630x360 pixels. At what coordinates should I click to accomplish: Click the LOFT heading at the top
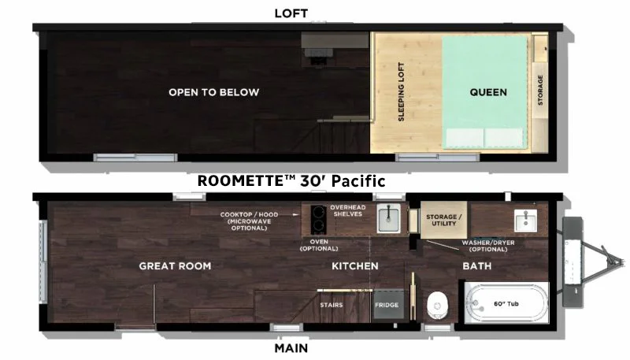click(291, 13)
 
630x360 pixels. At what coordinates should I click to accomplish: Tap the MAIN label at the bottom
click(291, 348)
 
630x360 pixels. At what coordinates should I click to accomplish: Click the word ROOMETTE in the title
click(240, 181)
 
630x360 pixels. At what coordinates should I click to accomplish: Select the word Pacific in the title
click(358, 181)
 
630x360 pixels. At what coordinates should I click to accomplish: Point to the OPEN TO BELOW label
click(213, 92)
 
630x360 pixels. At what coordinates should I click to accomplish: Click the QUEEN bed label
click(488, 92)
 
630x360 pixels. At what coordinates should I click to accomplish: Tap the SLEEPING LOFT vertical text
click(401, 91)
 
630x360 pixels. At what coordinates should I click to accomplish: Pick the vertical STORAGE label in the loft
click(540, 90)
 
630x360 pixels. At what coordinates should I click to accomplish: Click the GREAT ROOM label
click(175, 266)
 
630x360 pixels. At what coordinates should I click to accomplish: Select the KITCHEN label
click(355, 266)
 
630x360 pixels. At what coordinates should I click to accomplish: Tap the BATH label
click(477, 266)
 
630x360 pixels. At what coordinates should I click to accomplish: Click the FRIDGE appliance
click(387, 305)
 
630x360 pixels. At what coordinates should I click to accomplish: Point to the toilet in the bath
click(437, 306)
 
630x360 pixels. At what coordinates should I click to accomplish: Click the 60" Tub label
click(506, 304)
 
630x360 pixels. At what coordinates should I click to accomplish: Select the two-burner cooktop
click(318, 219)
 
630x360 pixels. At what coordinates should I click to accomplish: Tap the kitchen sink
click(388, 217)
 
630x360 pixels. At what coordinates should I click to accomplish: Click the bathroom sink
click(525, 221)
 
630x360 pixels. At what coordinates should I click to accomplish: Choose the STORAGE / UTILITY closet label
click(443, 221)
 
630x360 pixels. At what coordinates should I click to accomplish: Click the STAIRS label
click(332, 305)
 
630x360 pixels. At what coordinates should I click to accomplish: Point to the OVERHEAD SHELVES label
click(348, 211)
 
